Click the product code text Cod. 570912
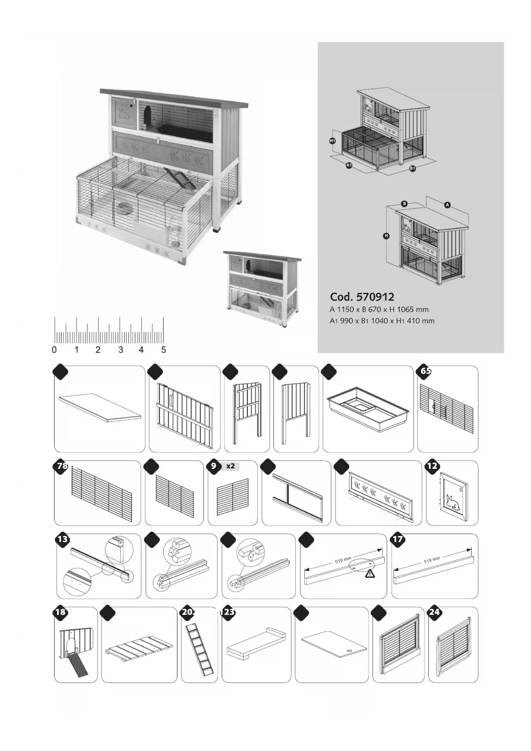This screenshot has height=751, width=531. (362, 297)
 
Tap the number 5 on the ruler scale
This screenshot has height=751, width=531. (163, 350)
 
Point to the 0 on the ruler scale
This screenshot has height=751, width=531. (54, 350)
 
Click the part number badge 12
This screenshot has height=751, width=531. (432, 466)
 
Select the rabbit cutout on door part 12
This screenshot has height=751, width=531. (453, 502)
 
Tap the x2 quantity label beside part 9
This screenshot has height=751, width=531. (231, 466)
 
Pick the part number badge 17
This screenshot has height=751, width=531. (398, 539)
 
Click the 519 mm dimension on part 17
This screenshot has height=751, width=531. (432, 560)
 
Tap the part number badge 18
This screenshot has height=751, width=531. (60, 612)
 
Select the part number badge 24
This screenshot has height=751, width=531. (434, 612)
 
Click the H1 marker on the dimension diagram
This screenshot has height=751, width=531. (332, 141)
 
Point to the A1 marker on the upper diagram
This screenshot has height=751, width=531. (349, 165)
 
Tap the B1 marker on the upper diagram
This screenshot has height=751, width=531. (412, 168)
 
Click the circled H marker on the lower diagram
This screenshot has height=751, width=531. (386, 236)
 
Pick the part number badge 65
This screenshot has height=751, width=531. (425, 371)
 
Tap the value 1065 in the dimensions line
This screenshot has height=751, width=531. (406, 310)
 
